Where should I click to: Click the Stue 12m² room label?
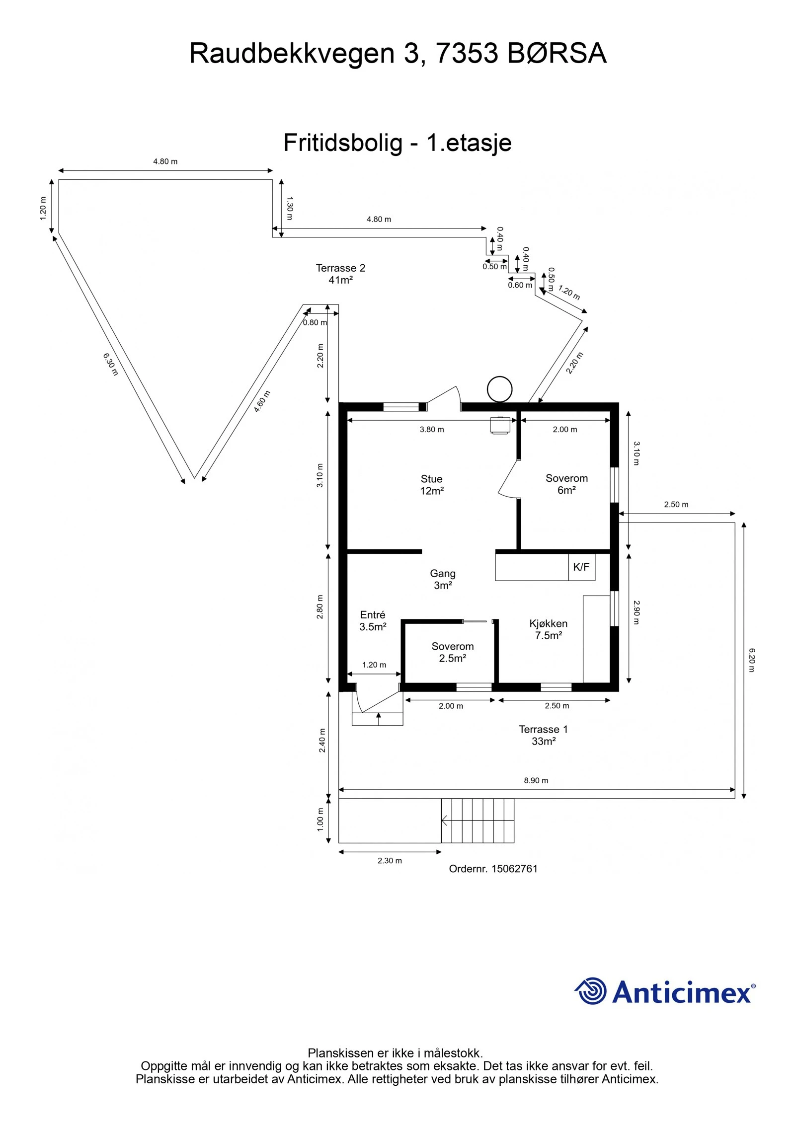click(x=431, y=485)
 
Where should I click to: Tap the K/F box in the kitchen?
click(x=581, y=567)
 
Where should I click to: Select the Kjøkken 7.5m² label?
click(x=548, y=629)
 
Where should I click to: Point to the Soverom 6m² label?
click(x=566, y=484)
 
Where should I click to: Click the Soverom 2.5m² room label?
click(x=452, y=652)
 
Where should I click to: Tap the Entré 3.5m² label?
click(x=373, y=621)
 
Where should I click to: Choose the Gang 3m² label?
click(x=442, y=579)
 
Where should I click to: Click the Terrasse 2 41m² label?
click(x=340, y=274)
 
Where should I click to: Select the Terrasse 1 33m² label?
click(x=543, y=735)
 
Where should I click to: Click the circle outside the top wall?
click(x=499, y=389)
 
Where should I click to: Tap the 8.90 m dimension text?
click(x=536, y=780)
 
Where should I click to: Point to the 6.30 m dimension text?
click(x=110, y=364)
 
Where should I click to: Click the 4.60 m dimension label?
click(x=262, y=401)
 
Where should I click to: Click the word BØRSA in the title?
click(x=556, y=53)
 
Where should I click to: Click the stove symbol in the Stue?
click(x=500, y=425)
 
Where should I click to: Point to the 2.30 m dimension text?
click(x=390, y=860)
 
